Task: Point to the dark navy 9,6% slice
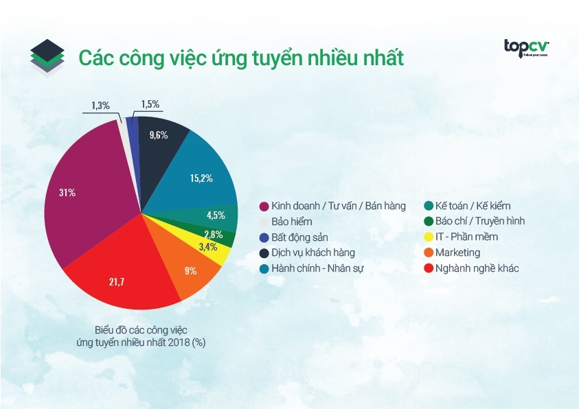(x=161, y=135)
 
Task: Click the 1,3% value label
(x=100, y=106)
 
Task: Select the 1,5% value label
(x=150, y=104)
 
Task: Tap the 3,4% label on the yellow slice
(x=207, y=246)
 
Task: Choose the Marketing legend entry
(x=457, y=253)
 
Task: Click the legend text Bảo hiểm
(x=291, y=222)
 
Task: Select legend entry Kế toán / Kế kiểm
(x=473, y=206)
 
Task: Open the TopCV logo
(x=526, y=47)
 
